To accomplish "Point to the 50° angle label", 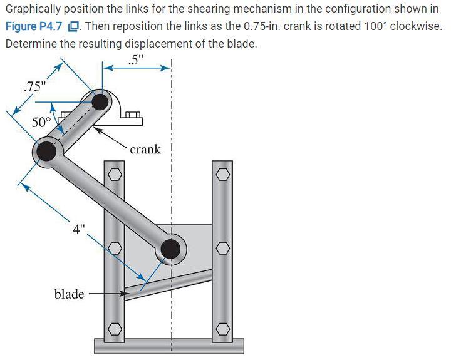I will pyautogui.click(x=42, y=121).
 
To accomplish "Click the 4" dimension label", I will pyautogui.click(x=78, y=229).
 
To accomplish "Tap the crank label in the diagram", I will pyautogui.click(x=145, y=149).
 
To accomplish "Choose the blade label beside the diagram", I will pyautogui.click(x=69, y=293).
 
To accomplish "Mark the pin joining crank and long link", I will pyautogui.click(x=46, y=151).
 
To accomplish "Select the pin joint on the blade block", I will pyautogui.click(x=170, y=249).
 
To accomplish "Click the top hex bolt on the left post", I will pyautogui.click(x=115, y=174).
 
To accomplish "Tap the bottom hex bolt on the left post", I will pyautogui.click(x=115, y=328).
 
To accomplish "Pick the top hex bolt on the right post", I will pyautogui.click(x=222, y=174).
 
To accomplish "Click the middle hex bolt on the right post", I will pyautogui.click(x=222, y=249).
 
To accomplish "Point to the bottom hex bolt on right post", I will pyautogui.click(x=222, y=328).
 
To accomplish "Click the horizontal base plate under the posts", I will pyautogui.click(x=168, y=346).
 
